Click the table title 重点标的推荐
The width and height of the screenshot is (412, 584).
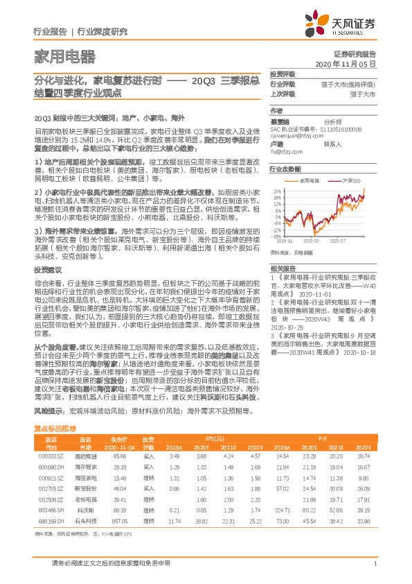55,430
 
